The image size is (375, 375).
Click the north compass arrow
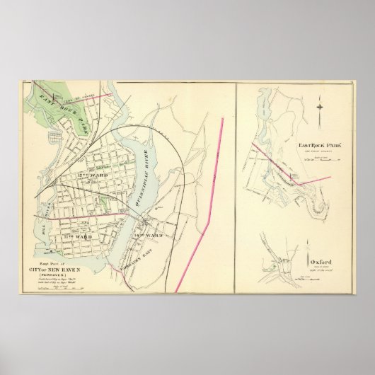tap(323, 106)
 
